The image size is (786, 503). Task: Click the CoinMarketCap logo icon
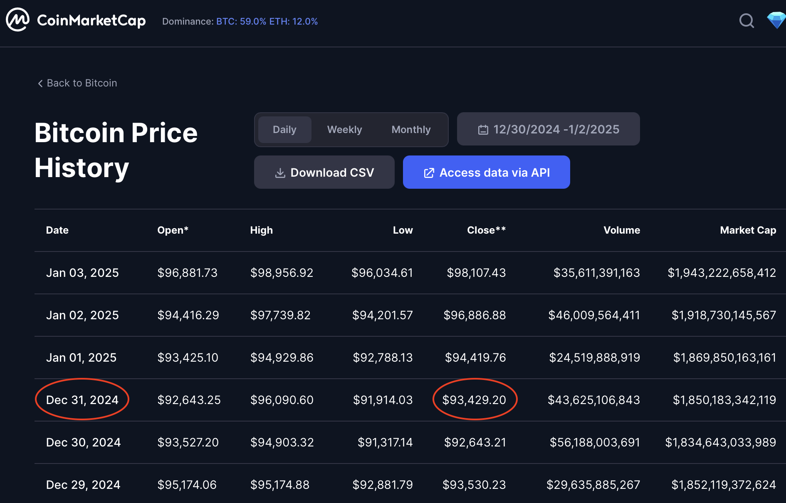pyautogui.click(x=17, y=20)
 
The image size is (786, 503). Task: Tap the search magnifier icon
pyautogui.click(x=746, y=20)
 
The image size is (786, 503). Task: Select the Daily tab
pyautogui.click(x=284, y=130)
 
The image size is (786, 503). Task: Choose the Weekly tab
pyautogui.click(x=344, y=130)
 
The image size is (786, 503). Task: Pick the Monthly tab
pyautogui.click(x=411, y=130)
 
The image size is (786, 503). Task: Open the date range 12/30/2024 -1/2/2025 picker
pyautogui.click(x=548, y=129)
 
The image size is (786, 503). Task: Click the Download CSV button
pyautogui.click(x=324, y=173)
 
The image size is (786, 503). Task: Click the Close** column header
pyautogui.click(x=486, y=230)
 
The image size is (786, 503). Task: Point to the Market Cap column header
pyautogui.click(x=748, y=230)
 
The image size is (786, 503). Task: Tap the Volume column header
pyautogui.click(x=622, y=230)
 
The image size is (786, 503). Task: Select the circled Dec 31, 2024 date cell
pyautogui.click(x=82, y=400)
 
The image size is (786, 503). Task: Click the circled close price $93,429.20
pyautogui.click(x=474, y=400)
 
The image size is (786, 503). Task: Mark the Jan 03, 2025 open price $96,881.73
pyautogui.click(x=188, y=273)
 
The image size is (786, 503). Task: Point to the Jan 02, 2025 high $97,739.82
pyautogui.click(x=280, y=315)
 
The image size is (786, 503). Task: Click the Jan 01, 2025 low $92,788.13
pyautogui.click(x=383, y=358)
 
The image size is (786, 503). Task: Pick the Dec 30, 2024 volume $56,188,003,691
pyautogui.click(x=595, y=442)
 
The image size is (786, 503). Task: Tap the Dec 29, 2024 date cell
pyautogui.click(x=83, y=485)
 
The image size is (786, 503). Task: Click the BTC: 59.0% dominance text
pyautogui.click(x=241, y=22)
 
